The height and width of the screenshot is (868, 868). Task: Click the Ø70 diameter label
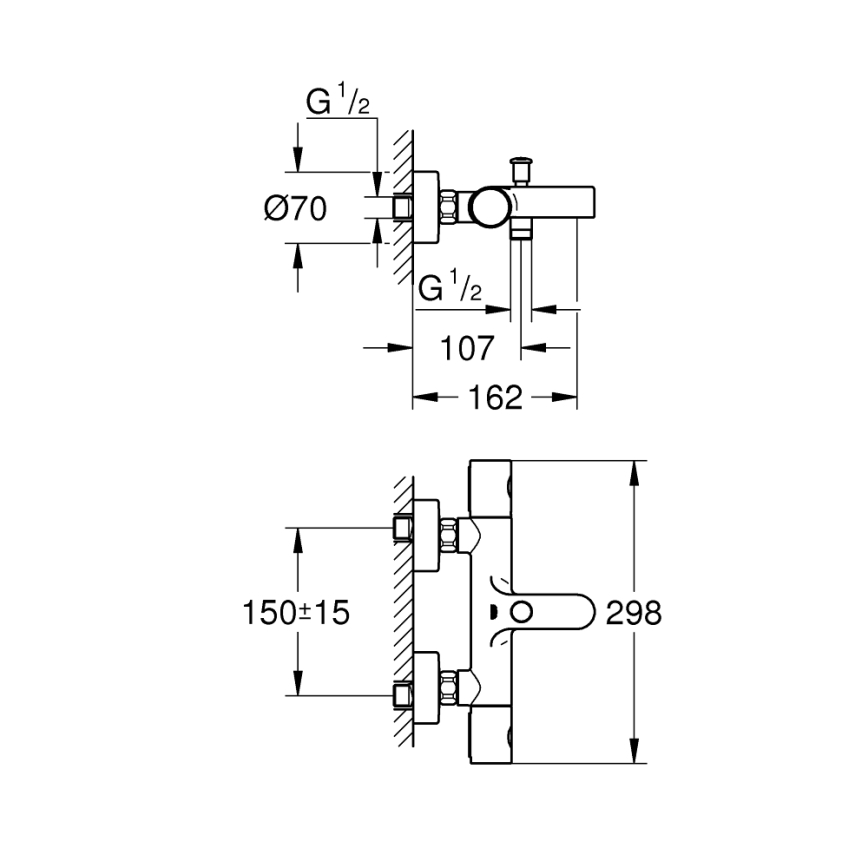[296, 208]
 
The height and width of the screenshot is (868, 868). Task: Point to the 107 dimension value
[467, 348]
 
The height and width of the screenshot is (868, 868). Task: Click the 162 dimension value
[495, 397]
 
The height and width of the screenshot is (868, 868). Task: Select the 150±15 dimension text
[295, 612]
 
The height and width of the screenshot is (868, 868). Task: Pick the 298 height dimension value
[634, 612]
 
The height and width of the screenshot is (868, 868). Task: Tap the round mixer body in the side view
[490, 207]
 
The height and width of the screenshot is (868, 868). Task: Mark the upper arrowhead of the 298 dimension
[634, 470]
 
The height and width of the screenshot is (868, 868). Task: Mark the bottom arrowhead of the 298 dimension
[634, 754]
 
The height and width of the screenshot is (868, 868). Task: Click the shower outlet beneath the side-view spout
[519, 234]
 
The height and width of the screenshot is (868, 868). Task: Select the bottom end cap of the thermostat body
[491, 745]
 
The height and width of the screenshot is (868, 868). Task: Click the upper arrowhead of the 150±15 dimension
[297, 536]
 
